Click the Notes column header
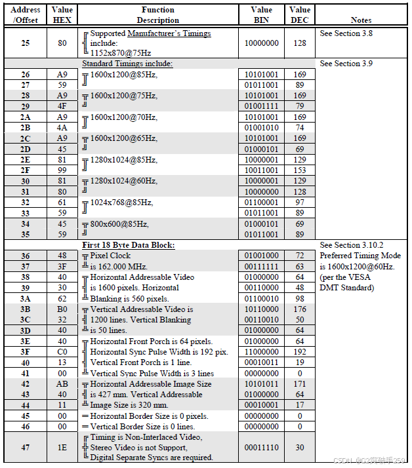click(x=361, y=20)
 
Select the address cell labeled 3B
click(x=25, y=309)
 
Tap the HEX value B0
click(x=62, y=309)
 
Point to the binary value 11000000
click(x=261, y=351)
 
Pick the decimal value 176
click(x=300, y=309)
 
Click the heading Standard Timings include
click(x=127, y=64)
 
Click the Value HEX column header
click(x=62, y=15)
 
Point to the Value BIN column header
click(x=261, y=15)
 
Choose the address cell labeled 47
click(x=25, y=447)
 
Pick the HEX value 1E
click(x=62, y=447)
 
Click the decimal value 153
click(x=300, y=170)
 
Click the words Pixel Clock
click(x=110, y=255)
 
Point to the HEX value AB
click(x=62, y=383)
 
